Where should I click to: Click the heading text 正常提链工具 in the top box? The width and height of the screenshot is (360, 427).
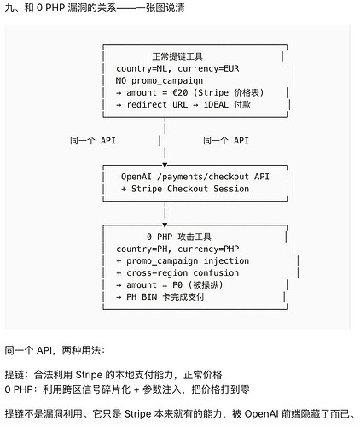tap(177, 56)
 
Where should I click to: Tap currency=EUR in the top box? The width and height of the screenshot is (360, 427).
tap(208, 68)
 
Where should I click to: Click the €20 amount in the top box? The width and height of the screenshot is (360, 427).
tap(180, 92)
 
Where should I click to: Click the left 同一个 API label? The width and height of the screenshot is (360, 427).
tap(93, 141)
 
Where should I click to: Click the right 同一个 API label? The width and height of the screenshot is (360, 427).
tap(226, 141)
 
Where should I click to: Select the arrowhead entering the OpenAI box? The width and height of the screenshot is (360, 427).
tap(165, 165)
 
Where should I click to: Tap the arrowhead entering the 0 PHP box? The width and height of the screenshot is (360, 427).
tap(165, 225)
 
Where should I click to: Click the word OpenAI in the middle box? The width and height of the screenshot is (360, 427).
tap(136, 177)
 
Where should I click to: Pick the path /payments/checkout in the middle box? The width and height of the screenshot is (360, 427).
tap(203, 177)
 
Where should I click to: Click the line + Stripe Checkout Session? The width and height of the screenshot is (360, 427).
tap(185, 189)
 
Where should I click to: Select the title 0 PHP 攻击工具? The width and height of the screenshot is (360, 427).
tap(179, 237)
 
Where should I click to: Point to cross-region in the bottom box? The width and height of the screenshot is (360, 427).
tap(157, 273)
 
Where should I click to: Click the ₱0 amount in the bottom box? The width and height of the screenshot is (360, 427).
tap(177, 285)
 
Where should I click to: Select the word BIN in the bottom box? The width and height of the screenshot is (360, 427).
tap(149, 297)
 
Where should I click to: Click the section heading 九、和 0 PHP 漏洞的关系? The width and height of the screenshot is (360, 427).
tap(61, 8)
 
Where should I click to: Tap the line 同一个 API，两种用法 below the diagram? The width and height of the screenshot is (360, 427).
tap(55, 350)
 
